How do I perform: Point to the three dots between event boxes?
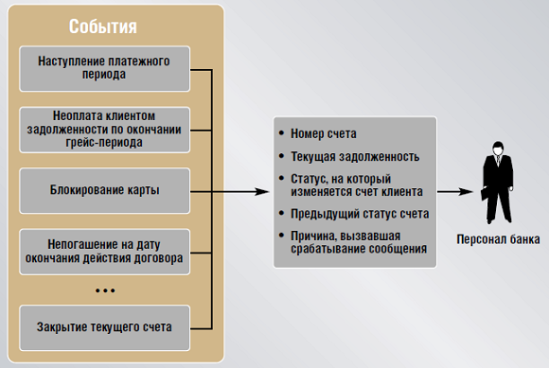[x=104, y=290]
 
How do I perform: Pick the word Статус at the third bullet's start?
[x=313, y=178]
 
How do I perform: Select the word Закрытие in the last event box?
[x=59, y=326]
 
